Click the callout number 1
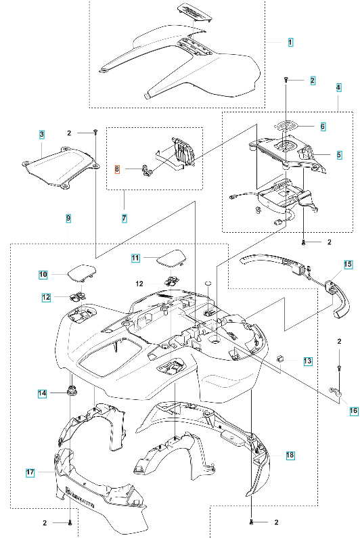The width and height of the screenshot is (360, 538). click(x=290, y=42)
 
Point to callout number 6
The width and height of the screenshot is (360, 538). click(x=323, y=127)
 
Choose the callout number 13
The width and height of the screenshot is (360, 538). click(x=307, y=362)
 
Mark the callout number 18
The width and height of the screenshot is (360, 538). click(x=290, y=456)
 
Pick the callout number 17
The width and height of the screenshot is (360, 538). click(x=31, y=473)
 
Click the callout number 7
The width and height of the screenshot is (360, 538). click(x=125, y=218)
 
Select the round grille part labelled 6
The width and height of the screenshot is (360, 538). click(x=290, y=127)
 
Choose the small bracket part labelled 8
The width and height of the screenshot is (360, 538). click(x=144, y=170)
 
